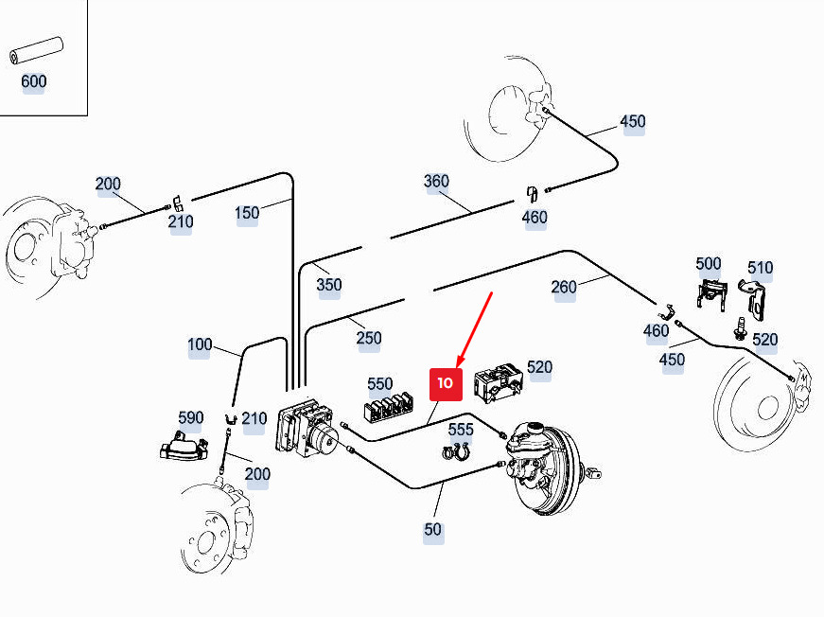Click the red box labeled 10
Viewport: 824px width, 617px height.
tap(446, 384)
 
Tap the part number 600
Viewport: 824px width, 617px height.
tap(34, 81)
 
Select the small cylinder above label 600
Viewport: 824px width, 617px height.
tap(36, 51)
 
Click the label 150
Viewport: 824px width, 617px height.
tap(247, 213)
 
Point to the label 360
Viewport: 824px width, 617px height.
tap(436, 182)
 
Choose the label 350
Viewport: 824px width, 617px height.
tap(329, 285)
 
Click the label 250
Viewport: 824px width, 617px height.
tap(369, 338)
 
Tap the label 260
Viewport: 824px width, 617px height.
tap(564, 287)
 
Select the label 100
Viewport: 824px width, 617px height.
tap(200, 344)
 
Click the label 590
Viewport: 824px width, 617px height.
tap(191, 418)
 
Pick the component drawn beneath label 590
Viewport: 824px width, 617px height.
tap(184, 447)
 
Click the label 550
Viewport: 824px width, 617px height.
tap(380, 384)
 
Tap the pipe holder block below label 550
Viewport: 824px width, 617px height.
tap(389, 409)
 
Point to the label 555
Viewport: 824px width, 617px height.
tap(461, 430)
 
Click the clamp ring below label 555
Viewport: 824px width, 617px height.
tap(456, 451)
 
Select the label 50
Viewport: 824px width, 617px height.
tap(433, 530)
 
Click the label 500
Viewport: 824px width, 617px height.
tap(709, 264)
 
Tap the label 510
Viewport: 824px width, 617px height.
tap(760, 268)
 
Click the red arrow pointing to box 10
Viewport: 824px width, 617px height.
tap(475, 329)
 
